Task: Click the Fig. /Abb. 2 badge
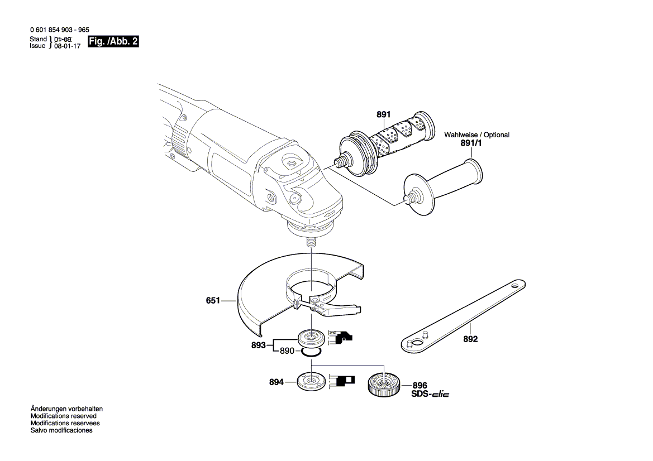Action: [x=114, y=42]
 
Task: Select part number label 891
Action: [x=383, y=114]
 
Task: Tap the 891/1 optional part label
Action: [x=470, y=143]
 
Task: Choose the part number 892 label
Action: [x=470, y=339]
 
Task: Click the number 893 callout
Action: [x=258, y=345]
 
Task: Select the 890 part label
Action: [x=287, y=351]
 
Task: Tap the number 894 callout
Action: [x=276, y=382]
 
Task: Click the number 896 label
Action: [x=420, y=385]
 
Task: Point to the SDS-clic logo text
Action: [x=430, y=394]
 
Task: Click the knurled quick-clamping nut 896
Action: [x=383, y=384]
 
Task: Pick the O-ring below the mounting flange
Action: [x=311, y=352]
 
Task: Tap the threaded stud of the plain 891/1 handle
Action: [x=412, y=197]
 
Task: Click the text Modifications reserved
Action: [x=63, y=416]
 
